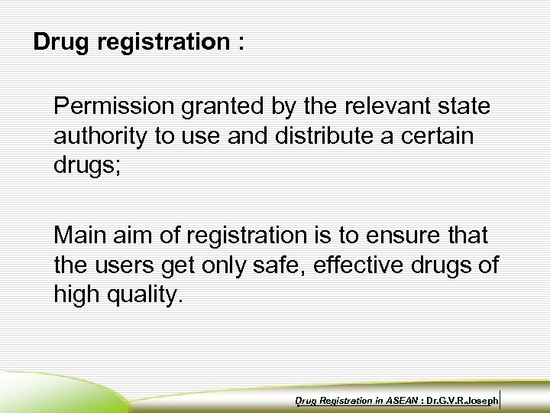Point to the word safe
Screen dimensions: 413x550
tap(268, 266)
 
